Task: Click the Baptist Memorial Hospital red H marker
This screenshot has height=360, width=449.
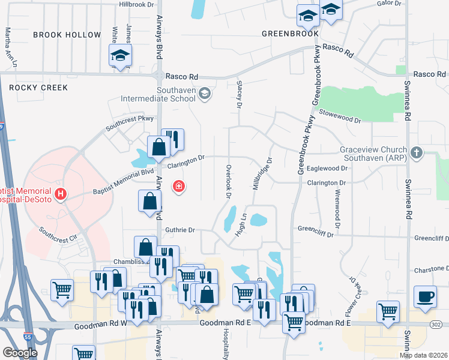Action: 60,194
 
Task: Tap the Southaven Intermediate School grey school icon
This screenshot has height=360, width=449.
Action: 205,93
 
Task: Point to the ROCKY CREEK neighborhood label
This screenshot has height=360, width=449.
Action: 38,88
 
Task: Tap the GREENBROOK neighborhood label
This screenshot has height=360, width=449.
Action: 290,34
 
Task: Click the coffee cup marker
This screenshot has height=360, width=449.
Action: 425,296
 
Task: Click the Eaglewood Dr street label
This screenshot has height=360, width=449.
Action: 327,169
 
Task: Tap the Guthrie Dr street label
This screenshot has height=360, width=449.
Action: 180,230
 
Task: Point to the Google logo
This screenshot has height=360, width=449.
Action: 20,353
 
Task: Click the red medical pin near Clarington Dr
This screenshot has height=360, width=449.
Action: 178,187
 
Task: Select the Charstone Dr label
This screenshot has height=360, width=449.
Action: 432,269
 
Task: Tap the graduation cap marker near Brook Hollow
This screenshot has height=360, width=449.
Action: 120,56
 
